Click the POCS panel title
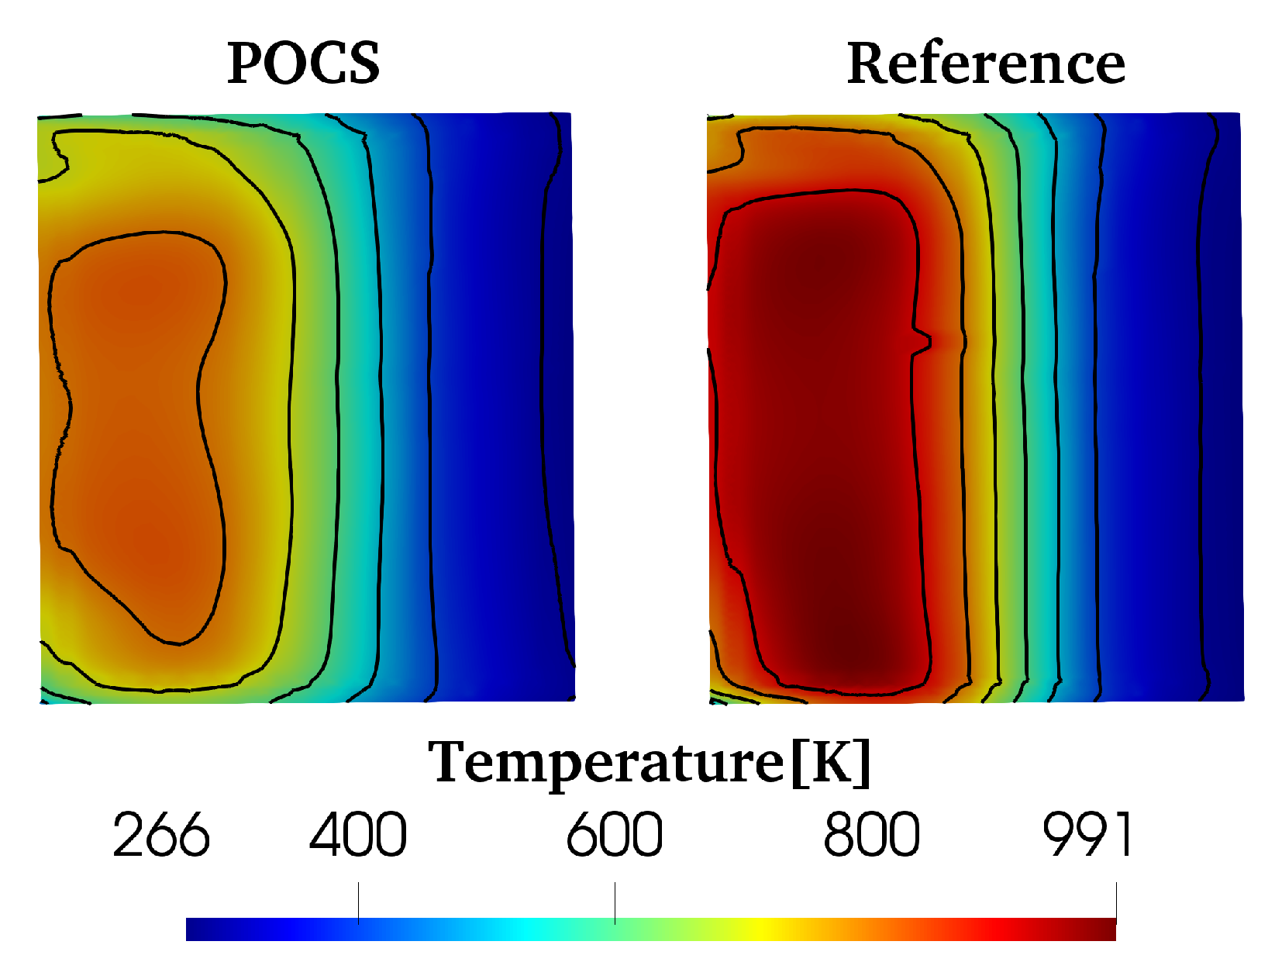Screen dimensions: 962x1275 (x=303, y=63)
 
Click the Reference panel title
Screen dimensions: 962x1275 (x=985, y=63)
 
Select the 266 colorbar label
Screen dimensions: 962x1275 (x=160, y=835)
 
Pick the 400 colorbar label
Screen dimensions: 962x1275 (x=358, y=835)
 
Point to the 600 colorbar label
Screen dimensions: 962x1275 (x=614, y=835)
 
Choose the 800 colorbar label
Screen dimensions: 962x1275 (x=871, y=835)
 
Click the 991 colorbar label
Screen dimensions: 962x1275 (x=1087, y=835)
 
